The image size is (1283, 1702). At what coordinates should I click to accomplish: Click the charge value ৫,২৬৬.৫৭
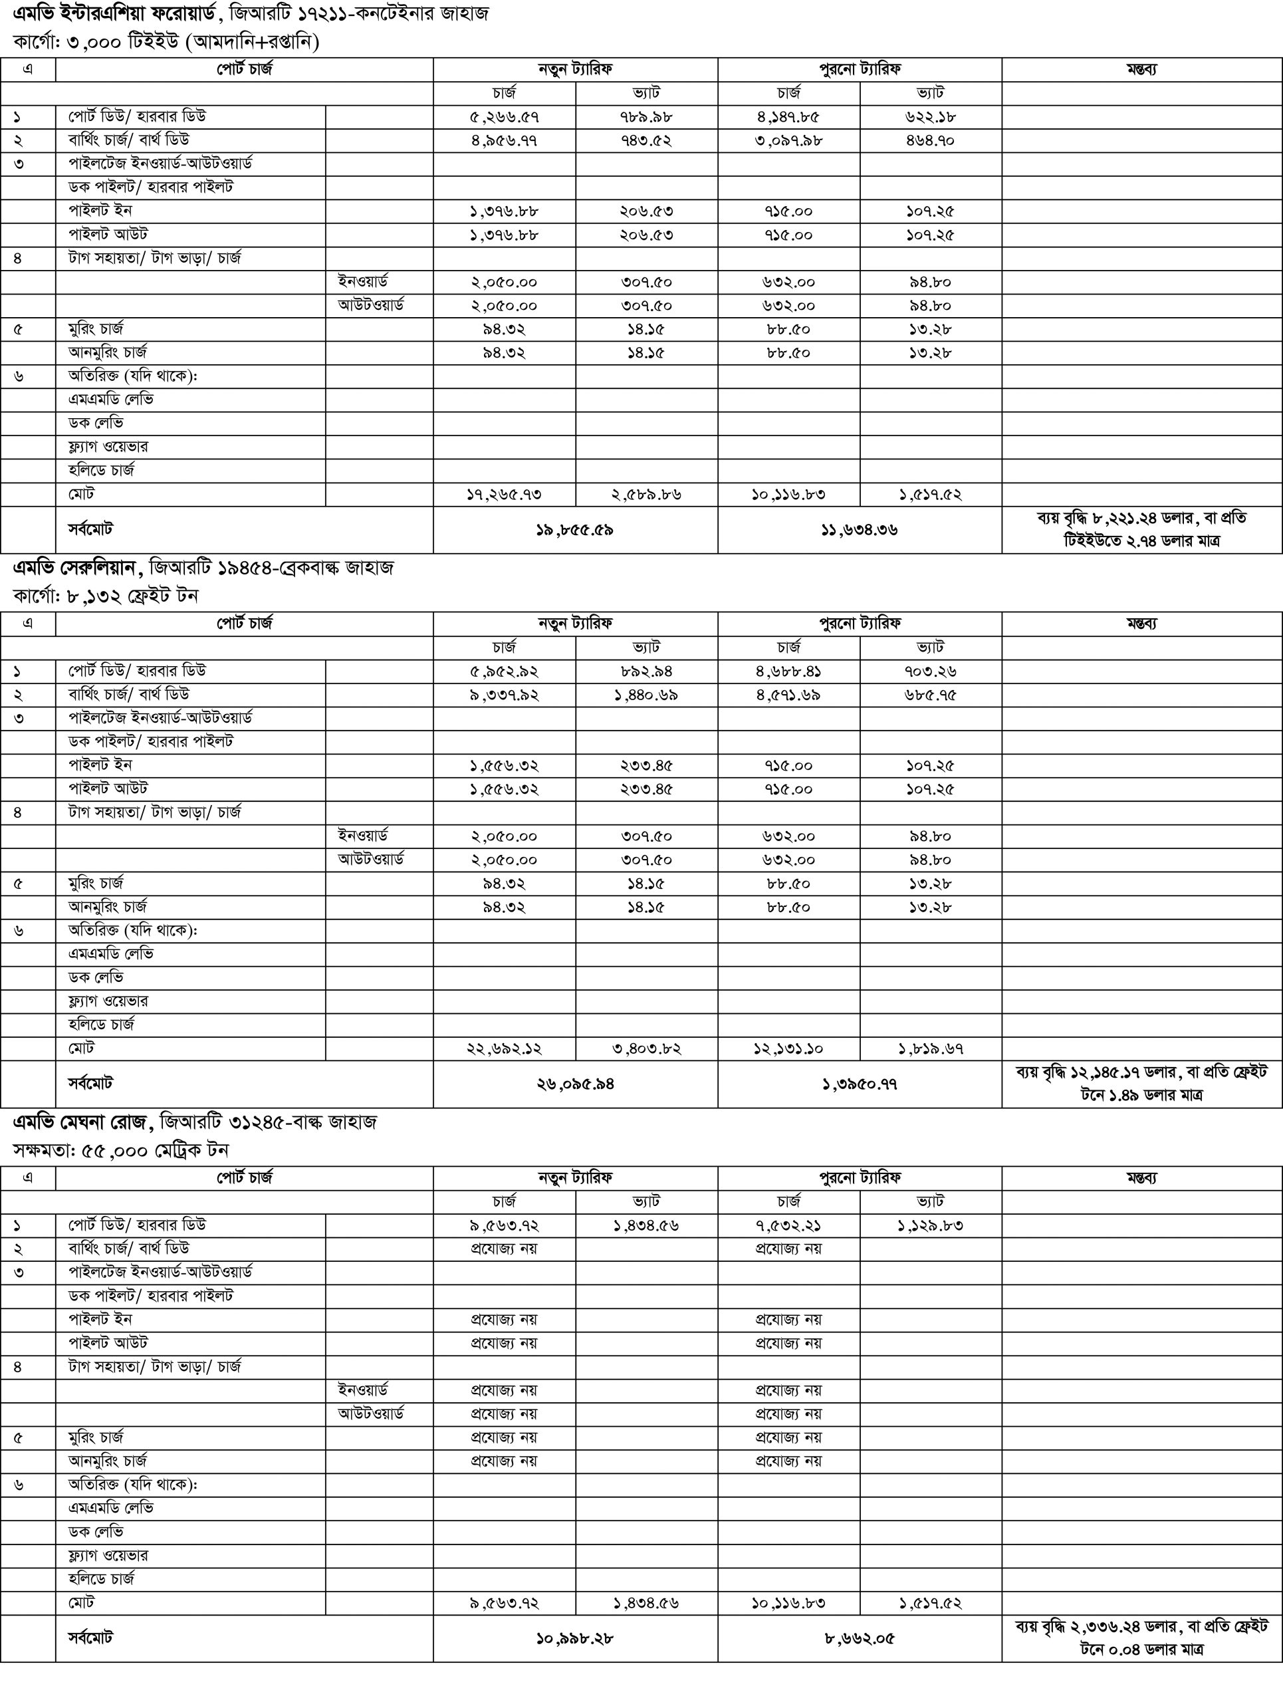click(x=504, y=117)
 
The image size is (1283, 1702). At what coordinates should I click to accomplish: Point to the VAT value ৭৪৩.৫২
click(x=646, y=141)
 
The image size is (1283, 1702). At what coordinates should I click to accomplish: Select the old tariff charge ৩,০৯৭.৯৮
click(x=788, y=141)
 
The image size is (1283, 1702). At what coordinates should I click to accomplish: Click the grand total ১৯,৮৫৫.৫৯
click(x=574, y=530)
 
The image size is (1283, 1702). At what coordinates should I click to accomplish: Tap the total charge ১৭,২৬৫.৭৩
click(x=504, y=495)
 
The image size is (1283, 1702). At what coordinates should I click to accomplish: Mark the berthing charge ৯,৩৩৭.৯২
click(x=504, y=695)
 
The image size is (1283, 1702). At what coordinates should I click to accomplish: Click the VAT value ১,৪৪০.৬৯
click(x=646, y=695)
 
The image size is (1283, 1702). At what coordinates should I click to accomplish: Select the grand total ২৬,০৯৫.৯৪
click(x=574, y=1084)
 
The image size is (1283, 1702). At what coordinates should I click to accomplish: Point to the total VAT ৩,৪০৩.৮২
click(x=646, y=1048)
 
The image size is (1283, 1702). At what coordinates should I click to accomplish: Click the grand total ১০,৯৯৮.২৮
click(x=574, y=1639)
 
